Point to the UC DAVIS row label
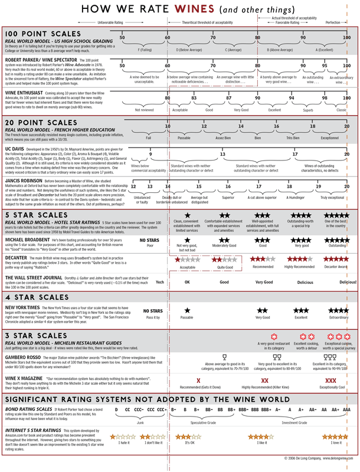16,150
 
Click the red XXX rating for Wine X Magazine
331,381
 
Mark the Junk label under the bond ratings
140,422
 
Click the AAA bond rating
346,409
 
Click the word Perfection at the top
333,22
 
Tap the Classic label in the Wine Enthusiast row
341,110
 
